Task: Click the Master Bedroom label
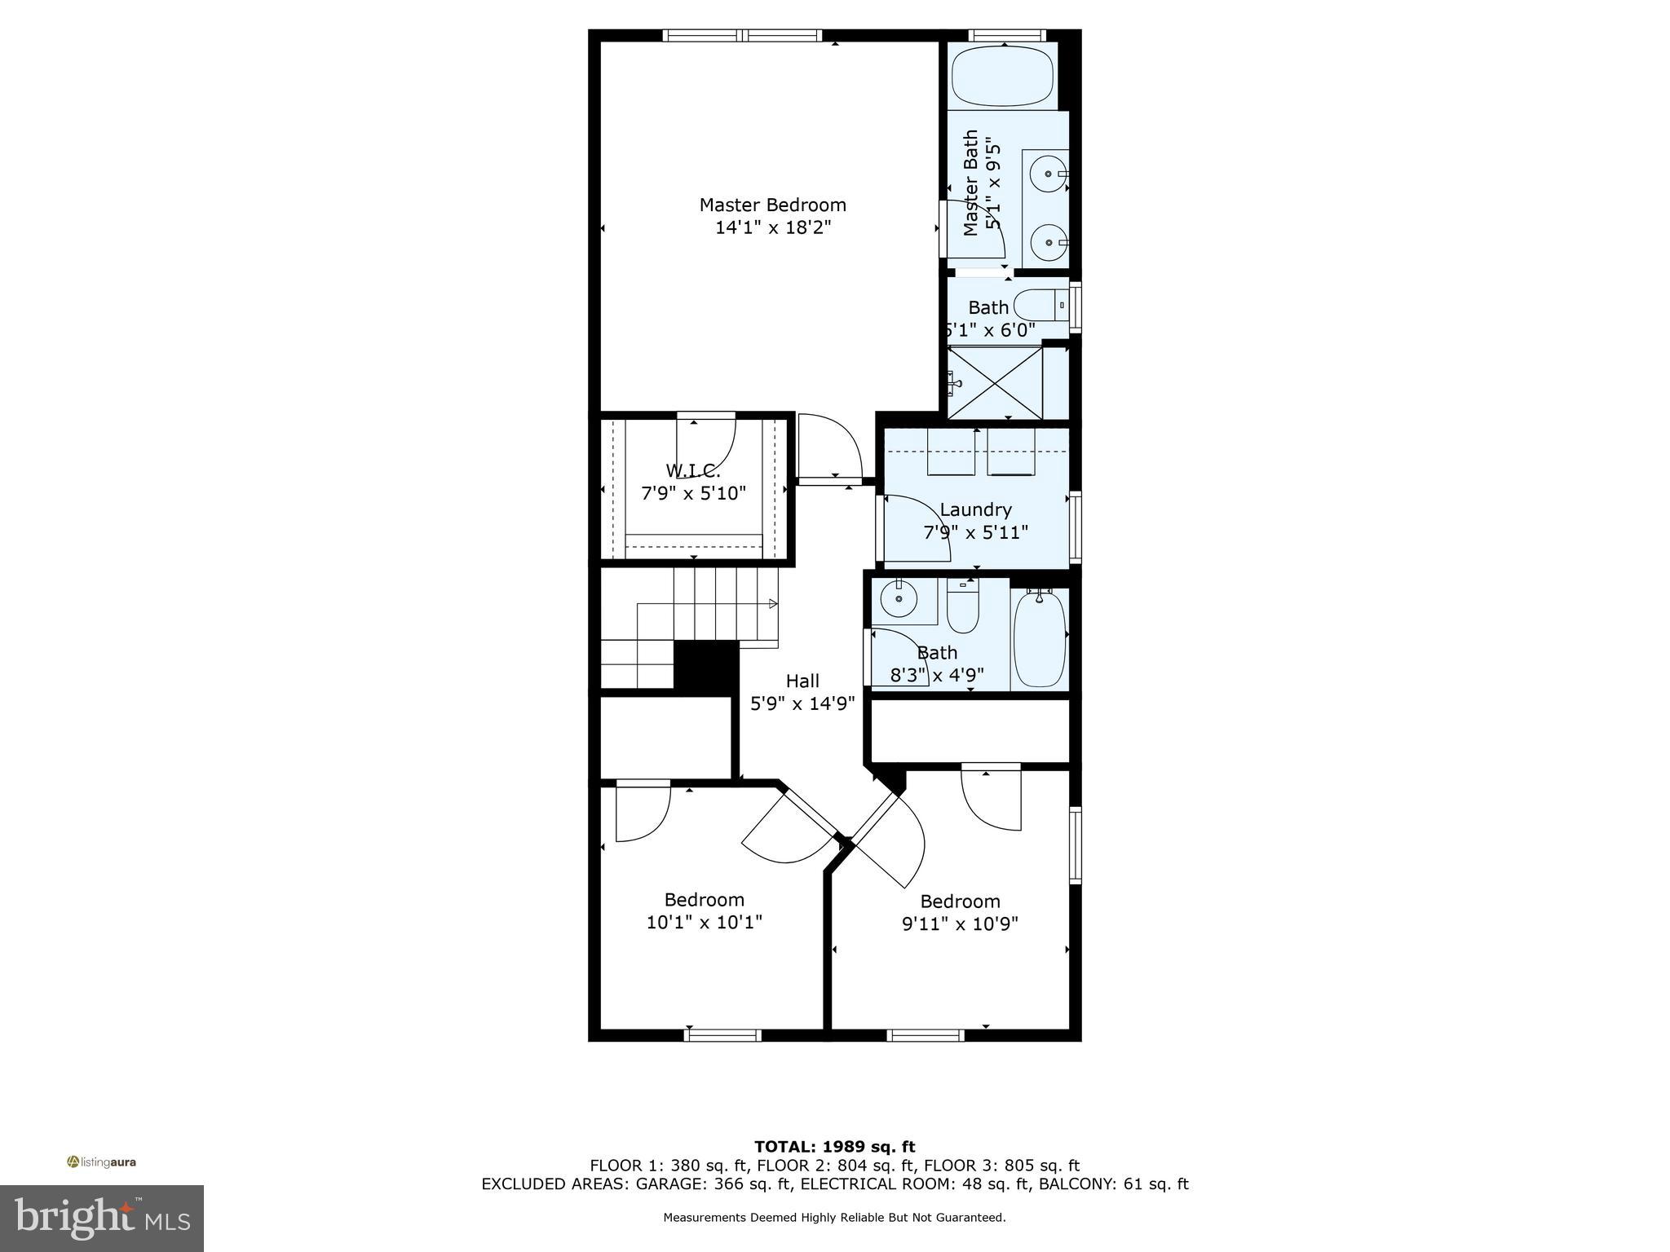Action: [772, 205]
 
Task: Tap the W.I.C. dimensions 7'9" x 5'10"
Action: [693, 493]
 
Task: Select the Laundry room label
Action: [975, 510]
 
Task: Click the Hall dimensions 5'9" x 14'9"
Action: [802, 703]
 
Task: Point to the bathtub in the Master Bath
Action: [1002, 75]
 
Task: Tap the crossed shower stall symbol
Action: [996, 382]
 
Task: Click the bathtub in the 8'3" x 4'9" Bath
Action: [1039, 638]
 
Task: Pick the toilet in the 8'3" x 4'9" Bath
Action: [963, 607]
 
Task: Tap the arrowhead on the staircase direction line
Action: [773, 604]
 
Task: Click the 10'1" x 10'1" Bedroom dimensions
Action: [704, 923]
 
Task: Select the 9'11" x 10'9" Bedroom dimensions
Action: [960, 924]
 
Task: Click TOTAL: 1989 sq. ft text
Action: [834, 1147]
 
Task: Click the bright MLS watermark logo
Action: [102, 1218]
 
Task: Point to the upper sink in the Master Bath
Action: [1046, 174]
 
